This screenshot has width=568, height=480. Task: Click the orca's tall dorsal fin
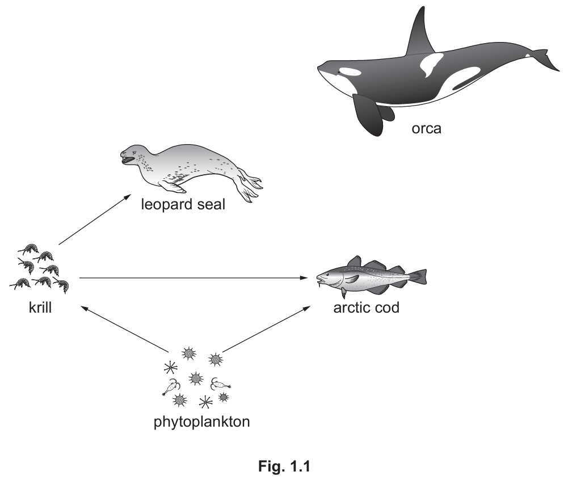pyautogui.click(x=421, y=35)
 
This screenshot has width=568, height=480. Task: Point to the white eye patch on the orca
pyautogui.click(x=350, y=71)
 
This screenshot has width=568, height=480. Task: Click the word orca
pyautogui.click(x=426, y=129)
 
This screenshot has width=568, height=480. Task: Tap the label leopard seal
pyautogui.click(x=183, y=204)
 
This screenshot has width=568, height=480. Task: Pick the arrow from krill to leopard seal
pyautogui.click(x=95, y=220)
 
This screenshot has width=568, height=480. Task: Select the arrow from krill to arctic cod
pyautogui.click(x=193, y=278)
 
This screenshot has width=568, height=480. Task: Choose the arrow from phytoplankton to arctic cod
pyautogui.click(x=266, y=329)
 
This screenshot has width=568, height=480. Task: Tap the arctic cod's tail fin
pyautogui.click(x=418, y=277)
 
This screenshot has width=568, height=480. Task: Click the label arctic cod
pyautogui.click(x=366, y=308)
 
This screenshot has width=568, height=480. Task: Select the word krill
pyautogui.click(x=40, y=308)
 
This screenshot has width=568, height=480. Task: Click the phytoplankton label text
pyautogui.click(x=202, y=422)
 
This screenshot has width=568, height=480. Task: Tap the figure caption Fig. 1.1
pyautogui.click(x=284, y=466)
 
